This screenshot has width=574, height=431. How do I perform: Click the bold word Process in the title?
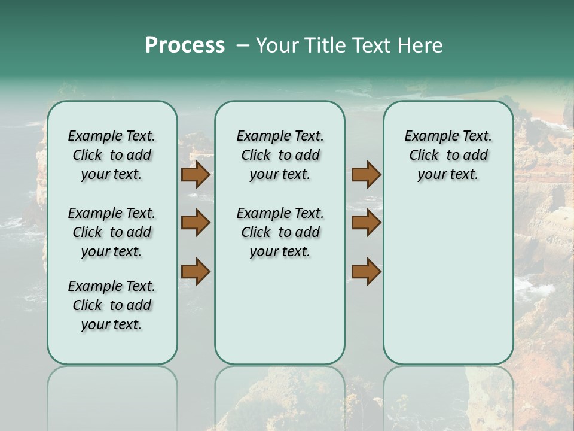(x=185, y=45)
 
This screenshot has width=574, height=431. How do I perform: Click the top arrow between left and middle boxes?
(x=196, y=175)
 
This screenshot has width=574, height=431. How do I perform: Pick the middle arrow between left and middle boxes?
(x=196, y=223)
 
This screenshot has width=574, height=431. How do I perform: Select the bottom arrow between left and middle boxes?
(x=196, y=272)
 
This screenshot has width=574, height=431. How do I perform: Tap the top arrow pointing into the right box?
(x=366, y=175)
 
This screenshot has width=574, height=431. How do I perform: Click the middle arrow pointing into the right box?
(x=366, y=223)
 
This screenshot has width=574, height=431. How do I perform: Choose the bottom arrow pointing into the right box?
(x=366, y=272)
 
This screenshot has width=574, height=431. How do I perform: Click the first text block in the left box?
(x=112, y=155)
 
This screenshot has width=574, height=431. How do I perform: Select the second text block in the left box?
(x=112, y=232)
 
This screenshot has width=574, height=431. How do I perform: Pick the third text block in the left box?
(x=112, y=305)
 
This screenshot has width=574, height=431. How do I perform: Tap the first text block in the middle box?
(x=280, y=155)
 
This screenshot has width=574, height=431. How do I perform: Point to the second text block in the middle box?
(x=280, y=232)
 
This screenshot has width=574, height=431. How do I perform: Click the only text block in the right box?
(x=448, y=155)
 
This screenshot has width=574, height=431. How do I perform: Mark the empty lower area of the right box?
(x=448, y=281)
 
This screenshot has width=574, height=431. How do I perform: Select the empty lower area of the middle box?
(x=280, y=311)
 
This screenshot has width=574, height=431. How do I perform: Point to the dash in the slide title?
(x=242, y=45)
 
